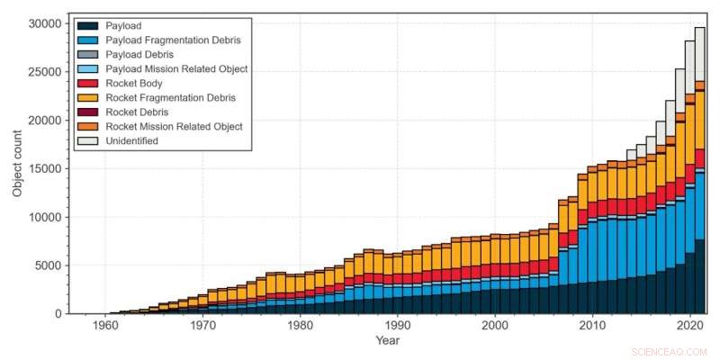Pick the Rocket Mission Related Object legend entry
(x=174, y=127)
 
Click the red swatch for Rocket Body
(x=89, y=84)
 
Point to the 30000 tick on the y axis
(x=46, y=22)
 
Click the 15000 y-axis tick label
(x=46, y=168)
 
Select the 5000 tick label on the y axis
(x=49, y=265)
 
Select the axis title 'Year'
(x=388, y=341)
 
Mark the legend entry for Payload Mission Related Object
(x=176, y=69)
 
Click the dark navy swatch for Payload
(x=89, y=26)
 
